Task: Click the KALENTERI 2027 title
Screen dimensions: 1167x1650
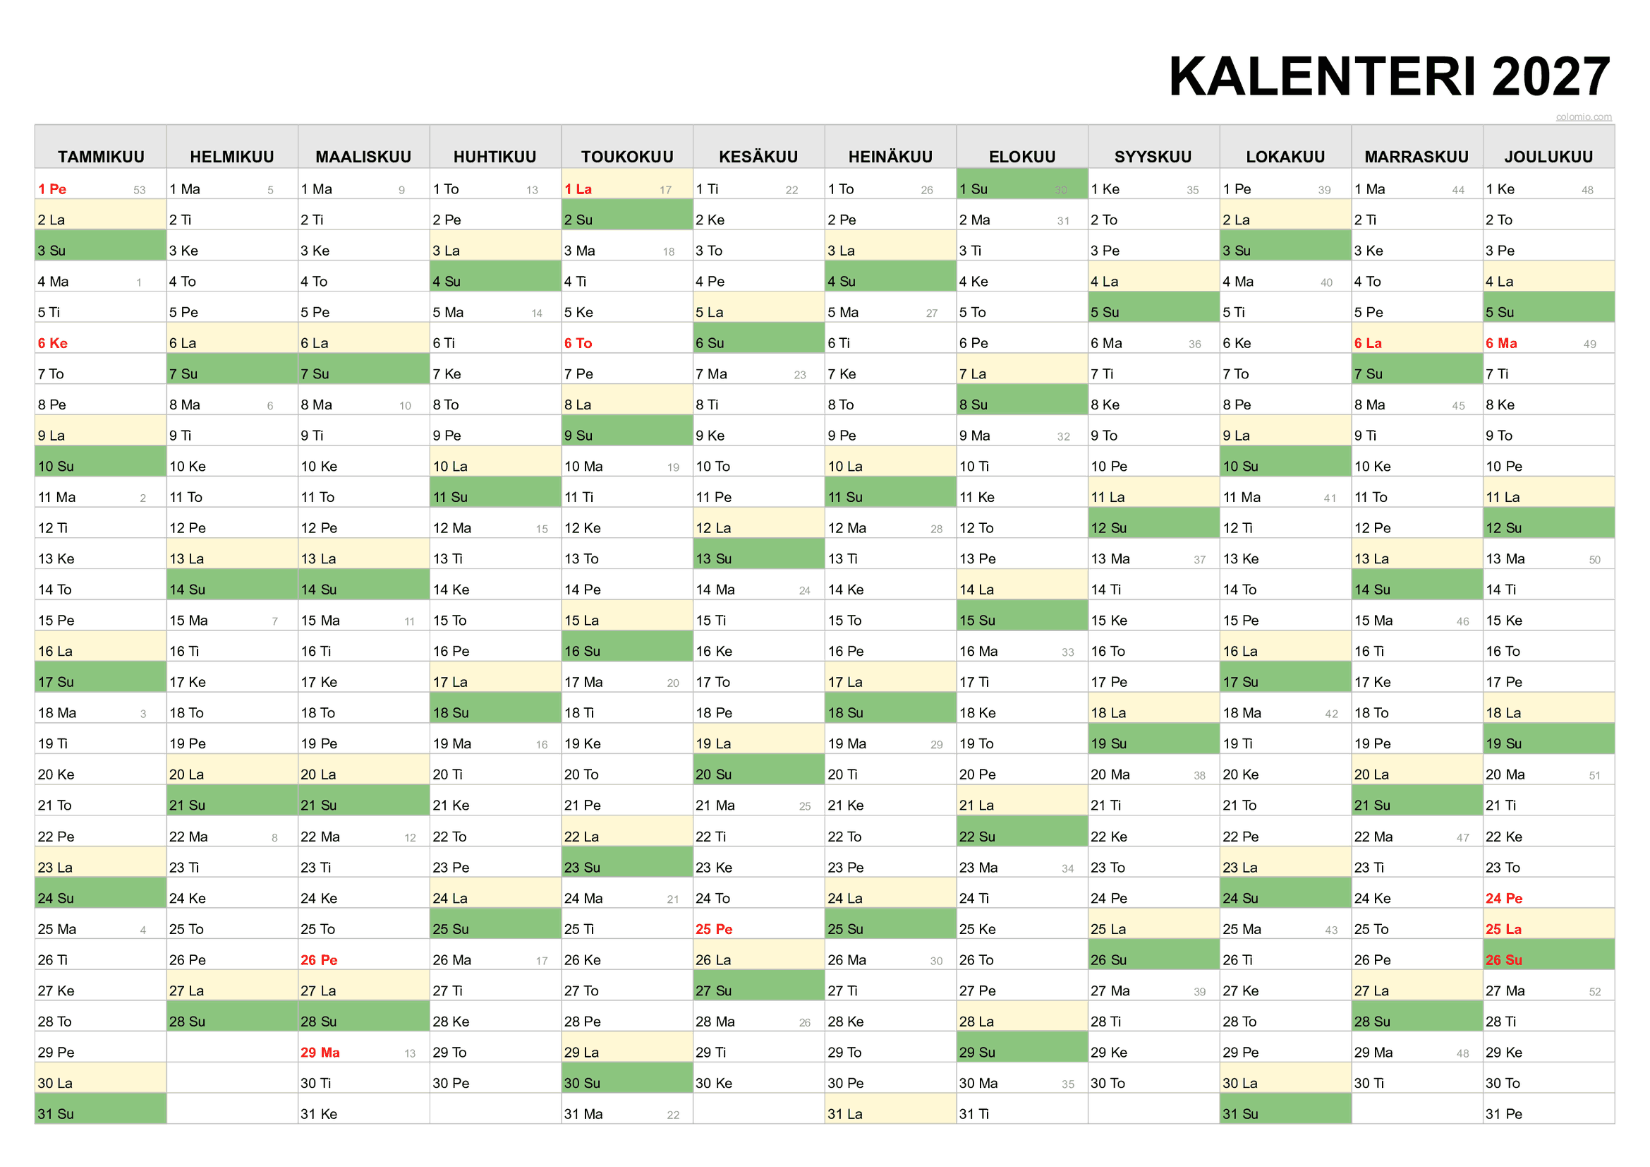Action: (1388, 77)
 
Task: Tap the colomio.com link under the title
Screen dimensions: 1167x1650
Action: (1583, 116)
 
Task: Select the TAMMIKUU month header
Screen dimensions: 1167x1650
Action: (101, 157)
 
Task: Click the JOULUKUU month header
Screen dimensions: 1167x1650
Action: (1548, 157)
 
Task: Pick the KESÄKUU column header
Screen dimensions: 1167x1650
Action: (758, 157)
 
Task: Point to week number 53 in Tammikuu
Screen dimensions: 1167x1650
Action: (140, 191)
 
